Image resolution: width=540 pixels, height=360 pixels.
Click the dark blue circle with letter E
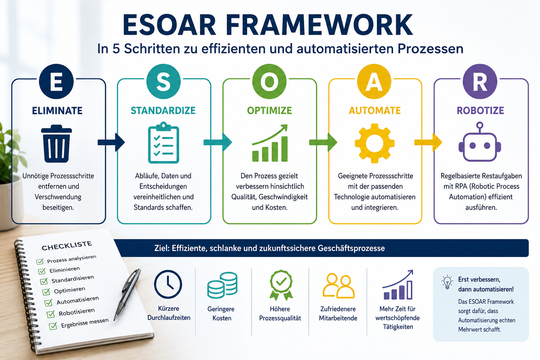(56, 81)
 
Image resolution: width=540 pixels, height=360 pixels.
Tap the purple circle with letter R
(480, 81)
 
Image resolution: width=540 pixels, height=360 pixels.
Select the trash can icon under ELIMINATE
(56, 143)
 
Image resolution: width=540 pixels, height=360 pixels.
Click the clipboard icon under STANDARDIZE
(163, 143)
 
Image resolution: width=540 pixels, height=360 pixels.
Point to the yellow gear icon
(375, 143)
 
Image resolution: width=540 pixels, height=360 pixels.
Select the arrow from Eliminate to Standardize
(111, 142)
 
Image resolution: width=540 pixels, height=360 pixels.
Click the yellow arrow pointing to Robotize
(428, 142)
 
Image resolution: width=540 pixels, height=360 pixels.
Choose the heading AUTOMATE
(375, 111)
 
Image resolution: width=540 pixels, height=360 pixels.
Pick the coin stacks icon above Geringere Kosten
(222, 285)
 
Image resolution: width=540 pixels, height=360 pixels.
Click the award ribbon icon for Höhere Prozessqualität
(281, 285)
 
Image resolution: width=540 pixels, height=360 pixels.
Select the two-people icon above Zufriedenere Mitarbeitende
(339, 286)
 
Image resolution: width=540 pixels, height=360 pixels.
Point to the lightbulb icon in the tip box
(447, 282)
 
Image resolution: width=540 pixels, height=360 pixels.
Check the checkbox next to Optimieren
(46, 292)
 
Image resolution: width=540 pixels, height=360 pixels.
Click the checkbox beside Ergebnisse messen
(53, 326)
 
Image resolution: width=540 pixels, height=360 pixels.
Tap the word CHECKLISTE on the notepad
(67, 245)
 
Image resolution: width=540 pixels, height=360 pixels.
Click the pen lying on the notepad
(127, 294)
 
